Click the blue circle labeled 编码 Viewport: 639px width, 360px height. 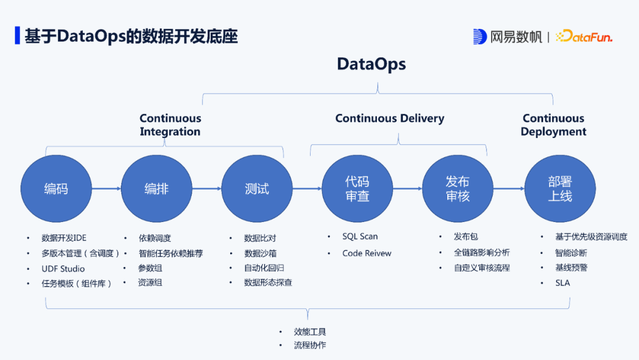pyautogui.click(x=56, y=189)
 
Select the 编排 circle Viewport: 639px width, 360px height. pyautogui.click(x=157, y=189)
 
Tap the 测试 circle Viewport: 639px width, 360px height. pyautogui.click(x=257, y=189)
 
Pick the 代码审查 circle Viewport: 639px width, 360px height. pyautogui.click(x=357, y=189)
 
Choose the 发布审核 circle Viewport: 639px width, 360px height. pyautogui.click(x=458, y=189)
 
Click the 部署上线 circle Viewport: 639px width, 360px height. pyautogui.click(x=560, y=189)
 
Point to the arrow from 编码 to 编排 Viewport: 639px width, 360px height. pyautogui.click(x=106, y=189)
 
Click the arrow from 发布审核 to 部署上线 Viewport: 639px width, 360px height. pyautogui.click(x=509, y=189)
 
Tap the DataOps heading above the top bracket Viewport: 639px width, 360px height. pyautogui.click(x=372, y=64)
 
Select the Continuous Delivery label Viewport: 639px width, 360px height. pyautogui.click(x=390, y=118)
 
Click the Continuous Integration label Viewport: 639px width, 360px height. pyautogui.click(x=170, y=125)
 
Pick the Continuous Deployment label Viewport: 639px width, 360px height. pyautogui.click(x=554, y=125)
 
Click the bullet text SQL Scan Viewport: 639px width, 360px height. pyautogui.click(x=360, y=237)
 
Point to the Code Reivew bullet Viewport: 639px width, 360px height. pyautogui.click(x=367, y=253)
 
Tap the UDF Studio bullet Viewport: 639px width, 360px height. pyautogui.click(x=63, y=269)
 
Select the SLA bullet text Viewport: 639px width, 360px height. pyautogui.click(x=563, y=283)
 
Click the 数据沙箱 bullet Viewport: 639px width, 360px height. pyautogui.click(x=260, y=253)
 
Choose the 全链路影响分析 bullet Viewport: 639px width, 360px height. pyautogui.click(x=482, y=253)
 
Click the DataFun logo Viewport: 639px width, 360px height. pyautogui.click(x=584, y=37)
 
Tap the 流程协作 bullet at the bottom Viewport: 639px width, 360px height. pyautogui.click(x=310, y=345)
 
